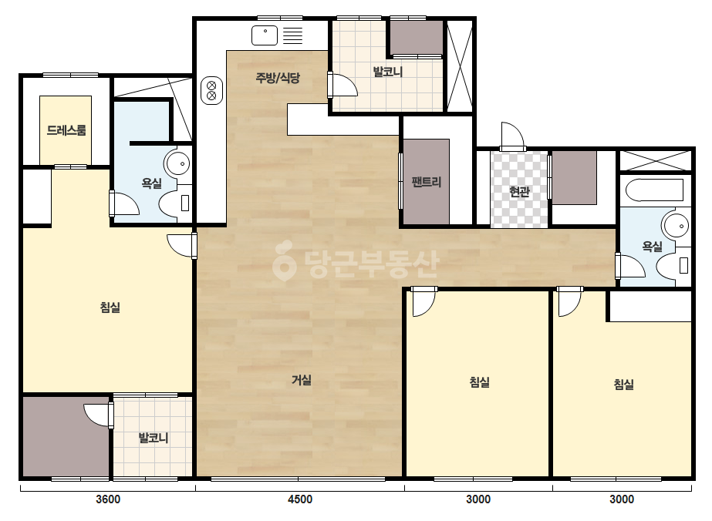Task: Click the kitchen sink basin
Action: pyautogui.click(x=265, y=35)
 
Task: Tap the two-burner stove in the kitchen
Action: pyautogui.click(x=211, y=90)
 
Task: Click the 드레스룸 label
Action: pyautogui.click(x=66, y=131)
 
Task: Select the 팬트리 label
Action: pyautogui.click(x=427, y=183)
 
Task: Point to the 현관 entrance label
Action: pyautogui.click(x=519, y=192)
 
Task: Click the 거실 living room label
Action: pyautogui.click(x=302, y=380)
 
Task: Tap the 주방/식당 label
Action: pyautogui.click(x=278, y=78)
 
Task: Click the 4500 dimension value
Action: pyautogui.click(x=300, y=499)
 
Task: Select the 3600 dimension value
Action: pyautogui.click(x=108, y=499)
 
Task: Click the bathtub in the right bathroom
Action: pyautogui.click(x=654, y=190)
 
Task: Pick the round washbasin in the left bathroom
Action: pyautogui.click(x=177, y=163)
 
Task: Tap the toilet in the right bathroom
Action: pyautogui.click(x=673, y=265)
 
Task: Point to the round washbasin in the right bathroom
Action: pyautogui.click(x=675, y=224)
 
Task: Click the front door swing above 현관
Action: pyautogui.click(x=512, y=135)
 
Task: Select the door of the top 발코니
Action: pyautogui.click(x=343, y=85)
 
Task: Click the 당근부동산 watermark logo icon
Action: pyautogui.click(x=284, y=260)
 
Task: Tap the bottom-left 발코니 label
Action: pyautogui.click(x=154, y=439)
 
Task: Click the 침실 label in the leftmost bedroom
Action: pyautogui.click(x=110, y=308)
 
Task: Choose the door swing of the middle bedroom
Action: pyautogui.click(x=423, y=303)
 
